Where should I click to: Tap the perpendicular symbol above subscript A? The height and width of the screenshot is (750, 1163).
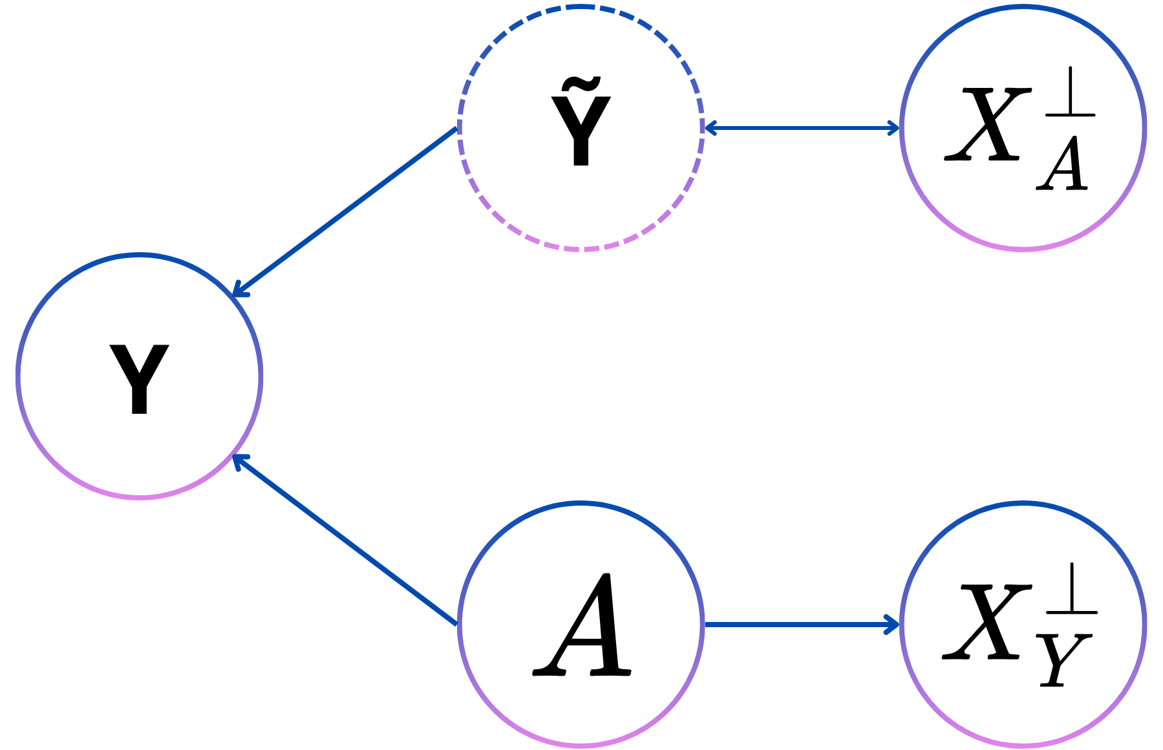[x=1071, y=94]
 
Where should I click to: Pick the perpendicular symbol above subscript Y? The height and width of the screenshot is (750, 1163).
[x=1072, y=590]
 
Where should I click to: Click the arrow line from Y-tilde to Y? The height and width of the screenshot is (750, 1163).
[x=346, y=211]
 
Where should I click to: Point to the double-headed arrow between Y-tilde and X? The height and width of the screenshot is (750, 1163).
[x=802, y=128]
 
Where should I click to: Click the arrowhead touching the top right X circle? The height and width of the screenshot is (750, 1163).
[x=893, y=128]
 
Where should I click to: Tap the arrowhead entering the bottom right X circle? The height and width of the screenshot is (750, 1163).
[x=892, y=625]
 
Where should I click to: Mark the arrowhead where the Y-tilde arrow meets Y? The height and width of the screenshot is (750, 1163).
[x=239, y=292]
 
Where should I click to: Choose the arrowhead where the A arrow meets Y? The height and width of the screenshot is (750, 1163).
[x=239, y=460]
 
